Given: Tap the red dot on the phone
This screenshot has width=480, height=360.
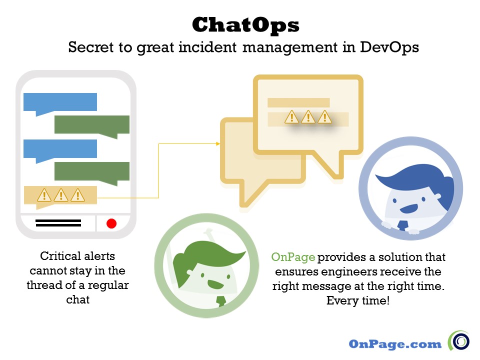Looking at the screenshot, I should [111, 223].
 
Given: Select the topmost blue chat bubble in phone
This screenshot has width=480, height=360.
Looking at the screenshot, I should [60, 102].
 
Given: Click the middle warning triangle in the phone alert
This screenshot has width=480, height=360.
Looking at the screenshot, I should [60, 194].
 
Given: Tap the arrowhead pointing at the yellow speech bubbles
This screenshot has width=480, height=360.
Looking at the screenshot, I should [218, 143].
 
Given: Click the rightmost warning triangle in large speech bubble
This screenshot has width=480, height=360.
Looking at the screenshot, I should [325, 117].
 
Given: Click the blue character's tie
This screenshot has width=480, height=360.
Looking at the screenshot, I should [402, 224].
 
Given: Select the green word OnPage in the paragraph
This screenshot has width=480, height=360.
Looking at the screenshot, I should [293, 257].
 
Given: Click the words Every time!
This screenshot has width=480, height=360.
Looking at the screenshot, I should [357, 301].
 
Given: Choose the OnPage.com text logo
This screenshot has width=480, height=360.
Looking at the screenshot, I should [395, 344].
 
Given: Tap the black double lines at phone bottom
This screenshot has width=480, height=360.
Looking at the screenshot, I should [58, 223].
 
